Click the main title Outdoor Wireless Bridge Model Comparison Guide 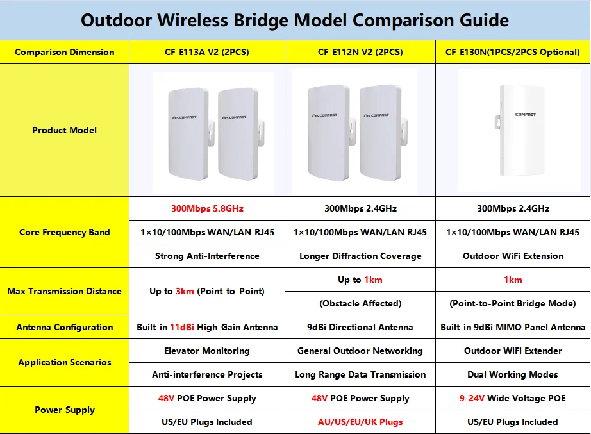(x=295, y=21)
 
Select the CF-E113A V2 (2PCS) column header (x=207, y=52)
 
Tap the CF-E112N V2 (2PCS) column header (x=360, y=52)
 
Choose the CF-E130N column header (x=513, y=52)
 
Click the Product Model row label (x=65, y=130)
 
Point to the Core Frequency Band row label (x=65, y=232)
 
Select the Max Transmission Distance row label (x=65, y=291)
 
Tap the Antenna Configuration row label (x=65, y=327)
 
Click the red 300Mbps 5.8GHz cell (x=207, y=208)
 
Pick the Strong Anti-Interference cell (x=207, y=256)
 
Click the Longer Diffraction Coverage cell (x=360, y=256)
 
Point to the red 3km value (x=185, y=291)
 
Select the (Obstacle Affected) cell (x=360, y=303)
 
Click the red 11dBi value (x=182, y=327)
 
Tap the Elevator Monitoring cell (x=207, y=351)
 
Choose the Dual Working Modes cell (x=513, y=374)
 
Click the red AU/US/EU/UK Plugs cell (x=360, y=422)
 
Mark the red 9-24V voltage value (x=472, y=398)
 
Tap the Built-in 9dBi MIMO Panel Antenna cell (x=513, y=327)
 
